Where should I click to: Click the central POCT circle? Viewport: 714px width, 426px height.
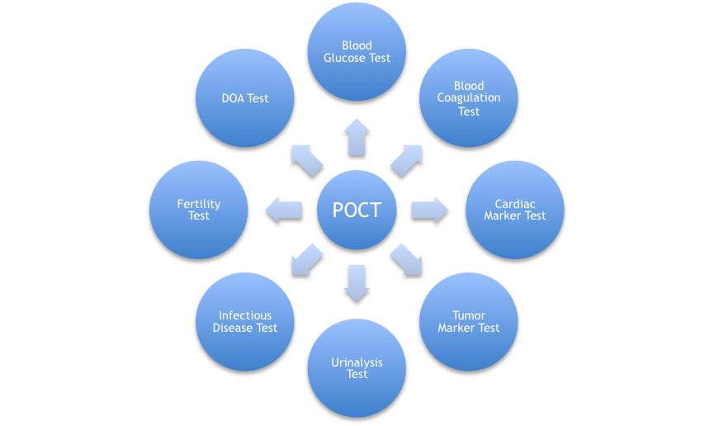[357, 210]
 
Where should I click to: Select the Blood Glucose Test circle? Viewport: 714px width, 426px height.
[357, 51]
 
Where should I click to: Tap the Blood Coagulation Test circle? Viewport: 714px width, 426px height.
[469, 98]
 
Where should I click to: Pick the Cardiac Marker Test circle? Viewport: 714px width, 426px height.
[515, 210]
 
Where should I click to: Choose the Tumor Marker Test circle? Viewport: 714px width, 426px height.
[469, 321]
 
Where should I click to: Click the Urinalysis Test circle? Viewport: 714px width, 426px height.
[357, 368]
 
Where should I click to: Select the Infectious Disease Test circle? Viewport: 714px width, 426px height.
[245, 321]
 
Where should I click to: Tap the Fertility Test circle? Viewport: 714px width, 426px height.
[199, 210]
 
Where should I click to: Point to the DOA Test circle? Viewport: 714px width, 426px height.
[245, 98]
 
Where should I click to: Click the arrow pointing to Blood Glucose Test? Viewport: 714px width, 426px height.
[357, 136]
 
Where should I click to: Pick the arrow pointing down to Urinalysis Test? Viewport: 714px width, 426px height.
[357, 282]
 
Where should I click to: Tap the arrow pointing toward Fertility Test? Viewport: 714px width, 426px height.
[284, 210]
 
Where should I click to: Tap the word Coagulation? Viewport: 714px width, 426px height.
[469, 98]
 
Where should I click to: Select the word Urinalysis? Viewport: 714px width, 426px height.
[357, 362]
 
